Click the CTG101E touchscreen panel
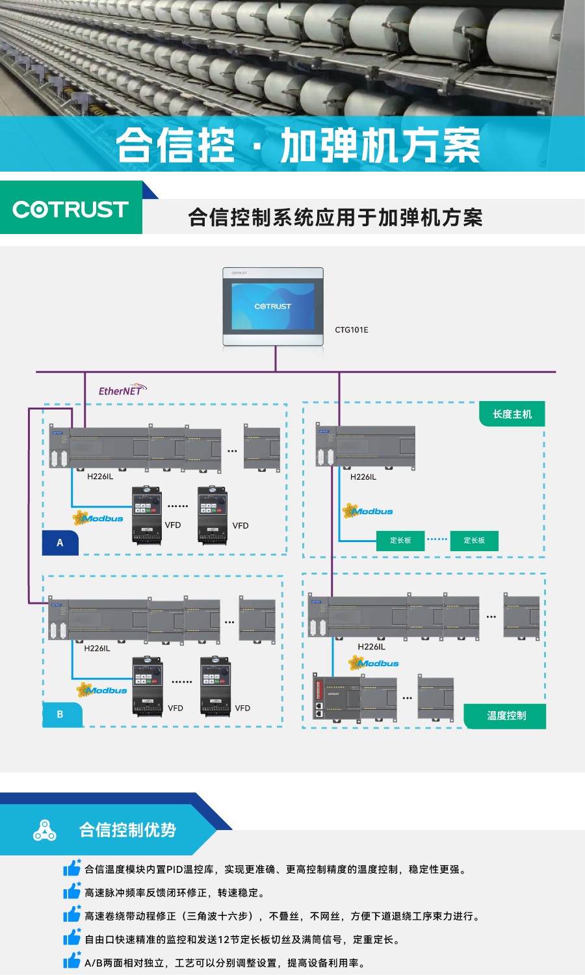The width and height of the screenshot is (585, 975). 273,306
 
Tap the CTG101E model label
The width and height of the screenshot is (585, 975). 351,330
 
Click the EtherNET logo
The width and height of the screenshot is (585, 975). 122,390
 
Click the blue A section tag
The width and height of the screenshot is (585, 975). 60,543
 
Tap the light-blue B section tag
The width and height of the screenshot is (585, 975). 60,714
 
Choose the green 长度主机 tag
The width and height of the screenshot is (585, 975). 512,414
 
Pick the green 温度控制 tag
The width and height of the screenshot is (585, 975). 506,716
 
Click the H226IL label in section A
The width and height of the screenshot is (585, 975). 100,476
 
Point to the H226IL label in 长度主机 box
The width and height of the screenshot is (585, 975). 363,477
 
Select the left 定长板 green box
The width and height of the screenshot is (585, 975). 400,540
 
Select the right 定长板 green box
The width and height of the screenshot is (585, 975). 474,540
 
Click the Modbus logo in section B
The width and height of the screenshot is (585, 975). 102,690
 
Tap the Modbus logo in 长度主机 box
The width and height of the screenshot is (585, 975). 368,512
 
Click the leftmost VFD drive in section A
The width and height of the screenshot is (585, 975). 147,514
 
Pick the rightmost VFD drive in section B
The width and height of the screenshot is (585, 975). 215,686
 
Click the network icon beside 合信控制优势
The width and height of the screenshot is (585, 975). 44,830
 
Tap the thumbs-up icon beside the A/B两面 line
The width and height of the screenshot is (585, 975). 71,961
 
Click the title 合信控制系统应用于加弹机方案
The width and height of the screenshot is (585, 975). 335,217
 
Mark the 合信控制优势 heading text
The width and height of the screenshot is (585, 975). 127,830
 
